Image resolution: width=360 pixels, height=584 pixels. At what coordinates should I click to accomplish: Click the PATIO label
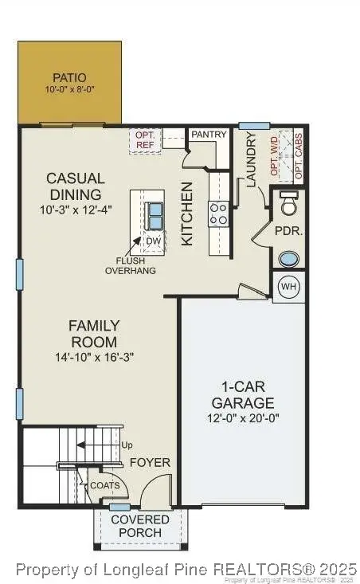(69, 77)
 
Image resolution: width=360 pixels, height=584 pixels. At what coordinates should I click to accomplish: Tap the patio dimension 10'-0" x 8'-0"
(69, 90)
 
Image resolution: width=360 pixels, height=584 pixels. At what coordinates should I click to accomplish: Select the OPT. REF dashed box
(146, 141)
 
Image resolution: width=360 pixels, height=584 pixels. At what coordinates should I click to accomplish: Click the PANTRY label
(209, 135)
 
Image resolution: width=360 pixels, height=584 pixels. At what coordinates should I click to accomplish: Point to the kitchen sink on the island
(154, 213)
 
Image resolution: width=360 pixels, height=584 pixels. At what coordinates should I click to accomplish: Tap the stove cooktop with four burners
(219, 213)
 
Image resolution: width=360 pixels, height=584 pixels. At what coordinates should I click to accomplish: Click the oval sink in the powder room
(289, 260)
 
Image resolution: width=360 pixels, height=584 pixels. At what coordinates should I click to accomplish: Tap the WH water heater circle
(289, 288)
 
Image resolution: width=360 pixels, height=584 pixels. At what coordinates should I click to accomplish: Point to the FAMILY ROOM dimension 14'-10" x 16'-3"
(94, 357)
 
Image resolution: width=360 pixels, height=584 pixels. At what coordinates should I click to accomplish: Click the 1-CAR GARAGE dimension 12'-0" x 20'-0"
(243, 417)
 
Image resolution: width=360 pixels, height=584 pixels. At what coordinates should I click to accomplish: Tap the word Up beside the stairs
(126, 445)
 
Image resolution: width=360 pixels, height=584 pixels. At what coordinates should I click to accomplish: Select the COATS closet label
(104, 485)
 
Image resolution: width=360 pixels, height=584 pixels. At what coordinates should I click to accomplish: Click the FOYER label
(150, 462)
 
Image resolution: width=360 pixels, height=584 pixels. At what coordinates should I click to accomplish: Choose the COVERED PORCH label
(140, 526)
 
